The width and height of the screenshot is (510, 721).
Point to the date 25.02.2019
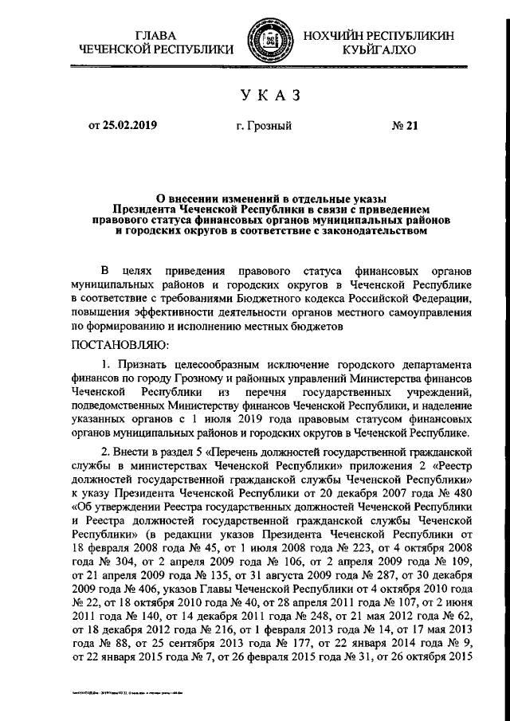129,125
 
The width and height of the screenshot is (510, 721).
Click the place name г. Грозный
264,125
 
